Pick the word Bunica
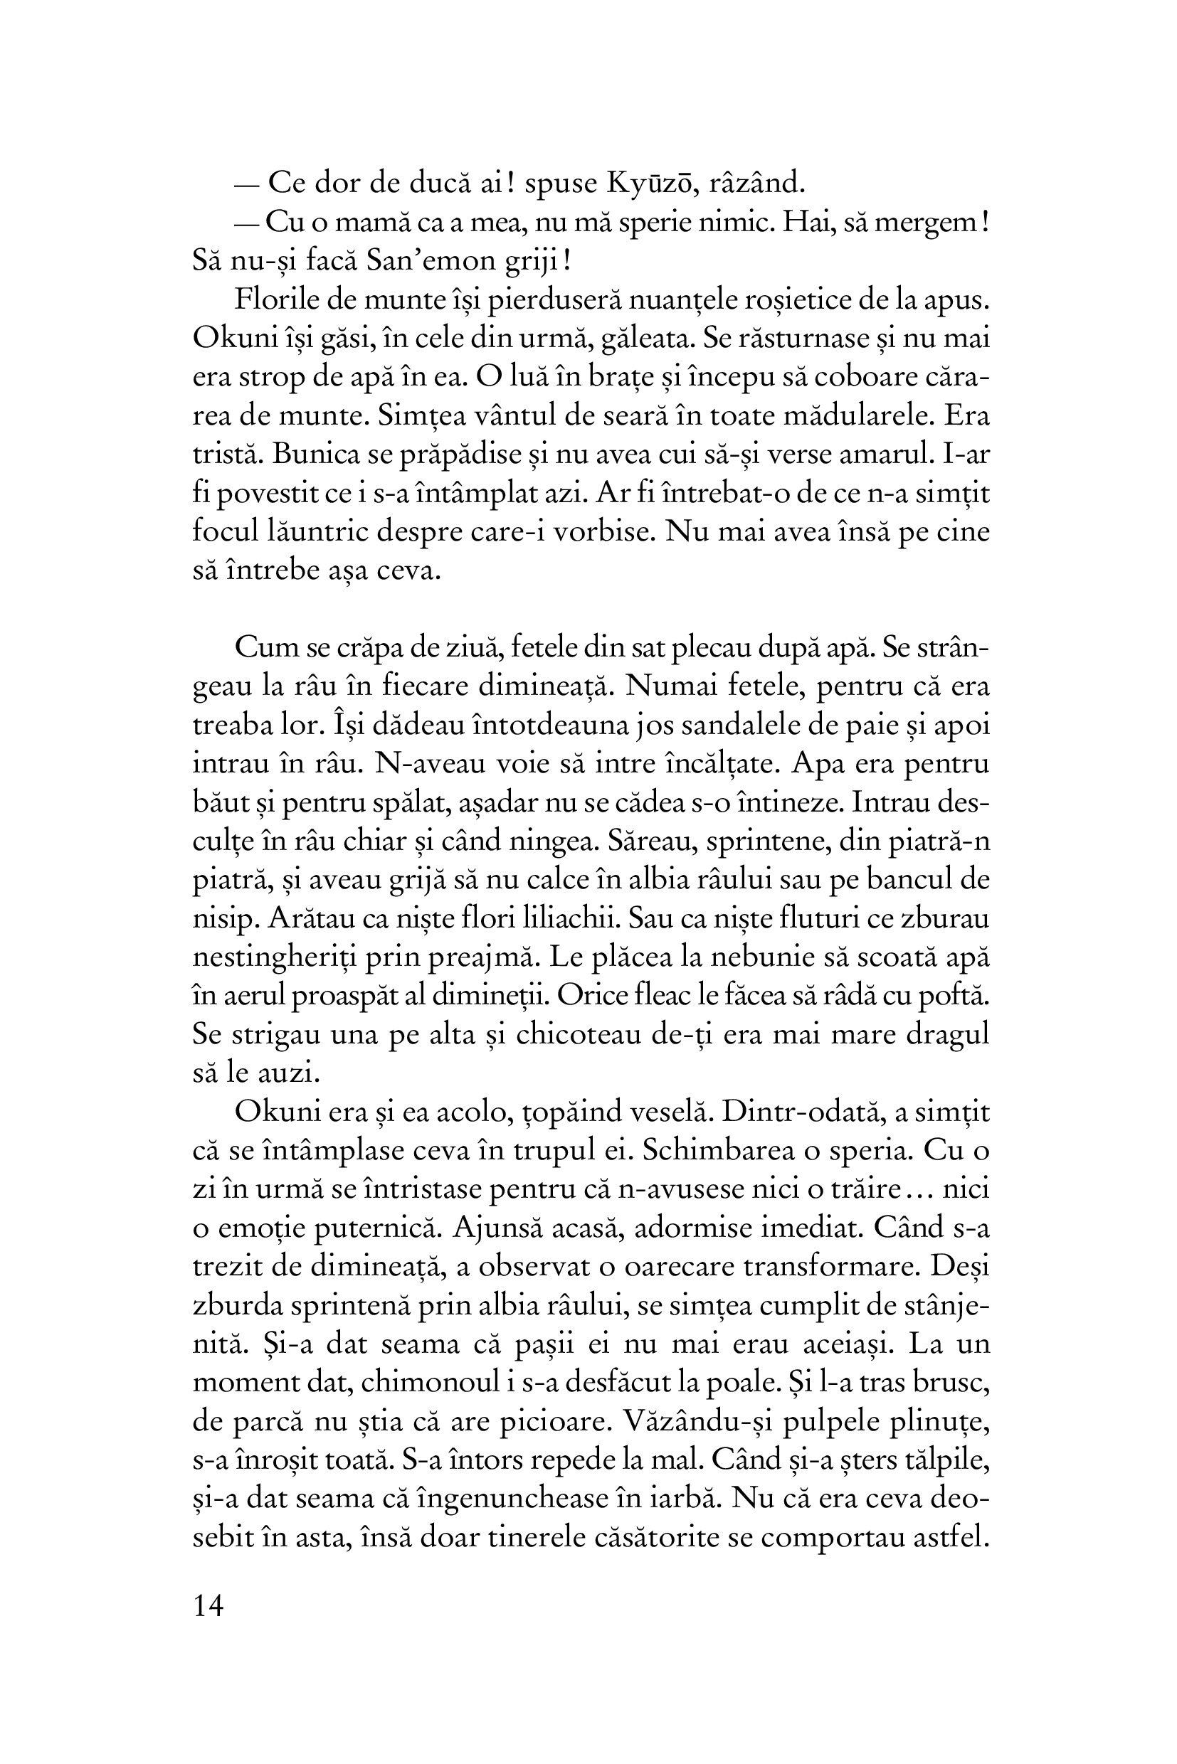coord(315,455)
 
